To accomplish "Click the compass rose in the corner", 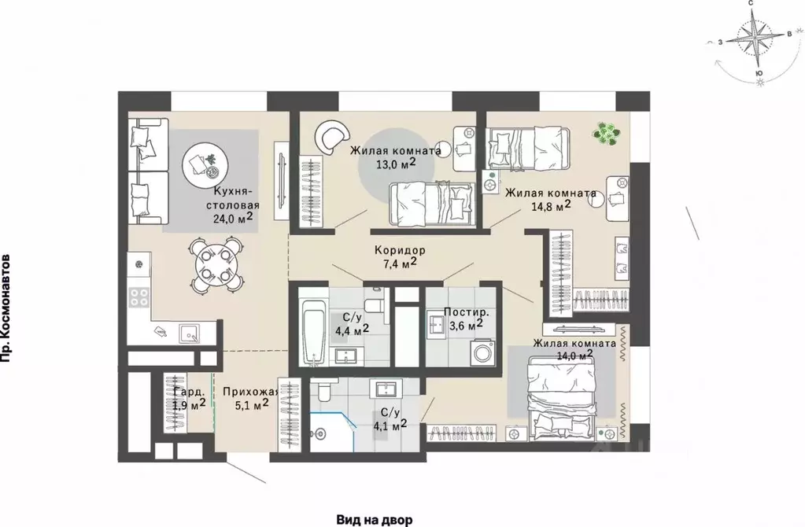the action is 757,41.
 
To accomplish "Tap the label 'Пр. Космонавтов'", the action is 6,308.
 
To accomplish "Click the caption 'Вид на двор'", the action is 375,520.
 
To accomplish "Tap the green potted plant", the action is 607,132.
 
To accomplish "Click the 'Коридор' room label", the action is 400,250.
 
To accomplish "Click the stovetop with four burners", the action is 138,296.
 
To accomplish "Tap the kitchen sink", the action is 190,334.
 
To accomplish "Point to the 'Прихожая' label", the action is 250,392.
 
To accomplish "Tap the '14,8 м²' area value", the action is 552,206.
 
